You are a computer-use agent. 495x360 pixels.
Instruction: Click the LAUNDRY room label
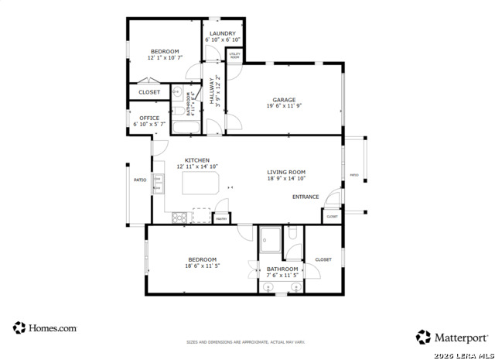tap(223, 33)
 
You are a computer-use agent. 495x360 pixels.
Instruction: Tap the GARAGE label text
tap(285, 100)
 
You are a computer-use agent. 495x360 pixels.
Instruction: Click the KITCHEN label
tap(197, 160)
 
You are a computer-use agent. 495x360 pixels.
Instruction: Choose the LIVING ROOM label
tap(286, 172)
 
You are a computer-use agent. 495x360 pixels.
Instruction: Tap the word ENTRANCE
tap(306, 197)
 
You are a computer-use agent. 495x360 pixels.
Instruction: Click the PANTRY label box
tap(221, 219)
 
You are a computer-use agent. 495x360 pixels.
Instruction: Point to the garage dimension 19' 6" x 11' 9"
tap(285, 107)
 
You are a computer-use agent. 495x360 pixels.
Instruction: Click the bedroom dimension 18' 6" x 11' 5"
tap(203, 266)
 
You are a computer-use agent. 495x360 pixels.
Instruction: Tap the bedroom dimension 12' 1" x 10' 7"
tap(165, 57)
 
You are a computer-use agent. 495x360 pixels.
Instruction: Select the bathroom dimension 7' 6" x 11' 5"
tap(282, 275)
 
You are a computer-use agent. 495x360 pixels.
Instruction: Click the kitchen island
tap(200, 183)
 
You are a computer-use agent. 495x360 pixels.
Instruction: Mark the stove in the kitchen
tap(179, 216)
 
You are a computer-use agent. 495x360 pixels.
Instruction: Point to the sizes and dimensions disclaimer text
tap(246, 341)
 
